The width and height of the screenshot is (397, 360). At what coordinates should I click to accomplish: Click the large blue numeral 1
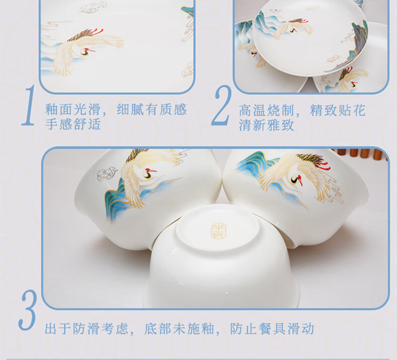pyautogui.click(x=29, y=105)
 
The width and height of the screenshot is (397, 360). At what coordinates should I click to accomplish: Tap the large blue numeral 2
pyautogui.click(x=221, y=105)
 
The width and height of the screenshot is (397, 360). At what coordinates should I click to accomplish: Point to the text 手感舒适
pyautogui.click(x=73, y=124)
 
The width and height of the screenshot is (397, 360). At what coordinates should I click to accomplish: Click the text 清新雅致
pyautogui.click(x=266, y=125)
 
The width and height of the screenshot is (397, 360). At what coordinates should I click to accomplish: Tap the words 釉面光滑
pyautogui.click(x=73, y=110)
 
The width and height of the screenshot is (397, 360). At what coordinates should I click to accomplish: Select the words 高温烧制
pyautogui.click(x=266, y=110)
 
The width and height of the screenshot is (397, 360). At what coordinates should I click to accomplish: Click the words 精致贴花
pyautogui.click(x=338, y=110)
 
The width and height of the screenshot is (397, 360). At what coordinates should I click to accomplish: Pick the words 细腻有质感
pyautogui.click(x=152, y=110)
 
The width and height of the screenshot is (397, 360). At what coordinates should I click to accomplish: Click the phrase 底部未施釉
pyautogui.click(x=179, y=329)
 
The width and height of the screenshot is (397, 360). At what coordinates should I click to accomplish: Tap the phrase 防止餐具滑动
pyautogui.click(x=272, y=329)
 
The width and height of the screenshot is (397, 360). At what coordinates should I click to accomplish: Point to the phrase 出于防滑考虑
pyautogui.click(x=87, y=329)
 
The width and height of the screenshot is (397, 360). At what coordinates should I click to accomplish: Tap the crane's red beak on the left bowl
pyautogui.click(x=152, y=170)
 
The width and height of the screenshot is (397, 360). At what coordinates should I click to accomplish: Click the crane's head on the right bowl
pyautogui.click(x=297, y=179)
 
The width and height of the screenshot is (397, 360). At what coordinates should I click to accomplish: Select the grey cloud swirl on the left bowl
pyautogui.click(x=107, y=174)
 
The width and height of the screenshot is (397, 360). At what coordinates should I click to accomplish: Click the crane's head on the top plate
pyautogui.click(x=294, y=30)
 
